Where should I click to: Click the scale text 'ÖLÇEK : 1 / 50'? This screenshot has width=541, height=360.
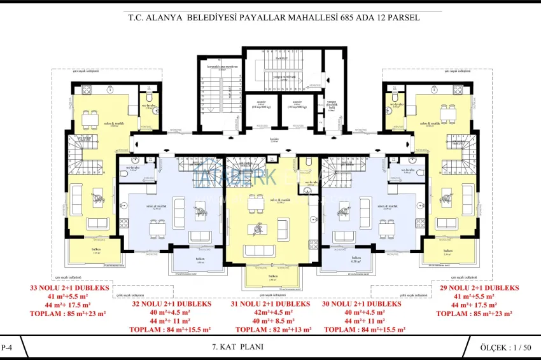pyautogui.click(x=506, y=347)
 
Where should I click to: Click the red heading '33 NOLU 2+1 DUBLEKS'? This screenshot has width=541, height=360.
pyautogui.click(x=69, y=288)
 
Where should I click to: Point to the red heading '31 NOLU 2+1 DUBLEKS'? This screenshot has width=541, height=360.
pyautogui.click(x=270, y=304)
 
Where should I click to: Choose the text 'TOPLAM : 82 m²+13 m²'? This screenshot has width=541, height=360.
pyautogui.click(x=270, y=329)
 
